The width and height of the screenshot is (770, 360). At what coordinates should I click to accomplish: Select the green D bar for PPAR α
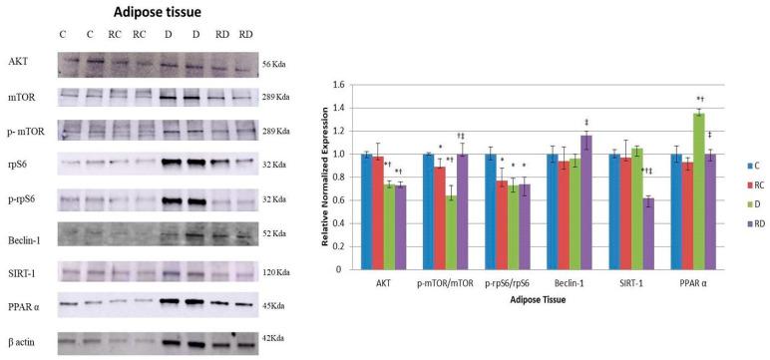pyautogui.click(x=671, y=190)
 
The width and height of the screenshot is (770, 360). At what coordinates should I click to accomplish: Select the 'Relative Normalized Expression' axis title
pyautogui.click(x=323, y=177)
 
